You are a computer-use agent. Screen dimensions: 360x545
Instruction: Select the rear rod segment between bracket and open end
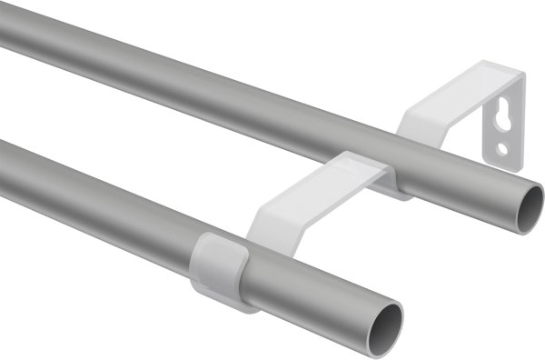pyautogui.click(x=463, y=191)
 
